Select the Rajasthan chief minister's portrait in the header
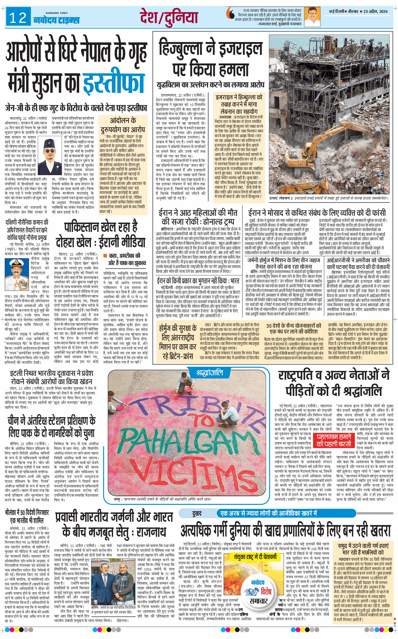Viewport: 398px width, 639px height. pos(312,17)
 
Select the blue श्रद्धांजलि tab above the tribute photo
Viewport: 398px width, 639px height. pos(209,373)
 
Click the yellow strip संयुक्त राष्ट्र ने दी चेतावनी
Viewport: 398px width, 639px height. pos(255,557)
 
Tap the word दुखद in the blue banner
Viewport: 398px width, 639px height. pos(197,513)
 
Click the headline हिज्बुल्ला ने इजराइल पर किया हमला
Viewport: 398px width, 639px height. pos(211,59)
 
